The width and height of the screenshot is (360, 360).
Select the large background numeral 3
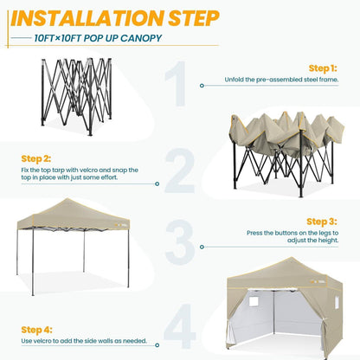(179, 245)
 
